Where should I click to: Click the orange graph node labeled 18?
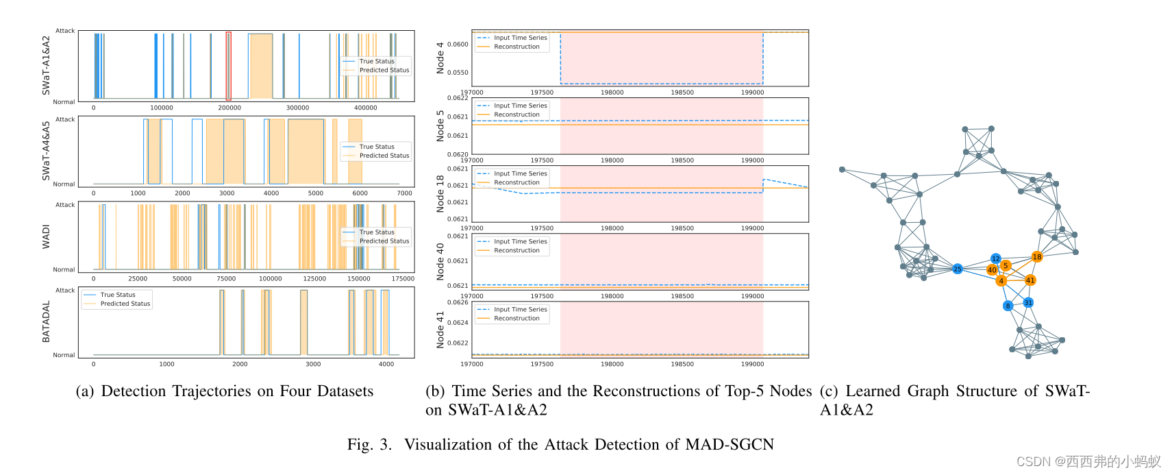[1036, 257]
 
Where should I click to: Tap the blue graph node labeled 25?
[958, 269]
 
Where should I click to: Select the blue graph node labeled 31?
[1028, 302]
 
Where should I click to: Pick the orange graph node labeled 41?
[1030, 280]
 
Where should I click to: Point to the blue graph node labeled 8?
[1008, 306]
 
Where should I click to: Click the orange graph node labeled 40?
[992, 270]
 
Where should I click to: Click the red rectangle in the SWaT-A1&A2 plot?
[229, 66]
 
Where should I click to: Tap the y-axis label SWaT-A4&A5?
[47, 151]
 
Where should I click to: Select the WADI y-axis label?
[47, 236]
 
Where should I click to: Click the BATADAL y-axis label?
[47, 321]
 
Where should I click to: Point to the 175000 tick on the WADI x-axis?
[403, 279]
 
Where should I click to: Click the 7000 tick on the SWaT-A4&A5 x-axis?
[404, 193]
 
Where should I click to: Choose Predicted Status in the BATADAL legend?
[125, 304]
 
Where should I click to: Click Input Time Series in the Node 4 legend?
[520, 38]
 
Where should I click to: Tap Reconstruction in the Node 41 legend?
[516, 319]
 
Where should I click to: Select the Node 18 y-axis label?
[440, 193]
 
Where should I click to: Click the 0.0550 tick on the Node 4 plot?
[458, 73]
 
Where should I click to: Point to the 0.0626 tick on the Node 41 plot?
[458, 302]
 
